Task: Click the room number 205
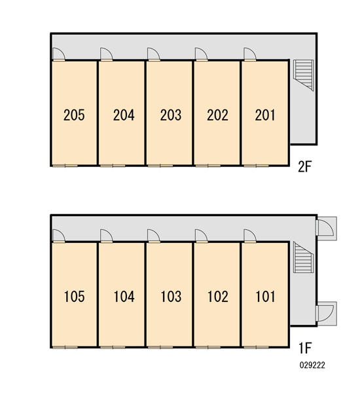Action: (74, 115)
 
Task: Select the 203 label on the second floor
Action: (171, 115)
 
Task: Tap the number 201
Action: (265, 115)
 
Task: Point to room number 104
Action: (124, 297)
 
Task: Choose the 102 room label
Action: (218, 297)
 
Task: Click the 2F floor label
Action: (305, 166)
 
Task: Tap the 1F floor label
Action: (305, 348)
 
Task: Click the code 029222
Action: (312, 365)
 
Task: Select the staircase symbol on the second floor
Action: (304, 75)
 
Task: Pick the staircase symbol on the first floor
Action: (304, 257)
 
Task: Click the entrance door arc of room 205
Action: (59, 54)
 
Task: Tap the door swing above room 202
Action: (202, 54)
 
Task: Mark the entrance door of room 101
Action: (250, 236)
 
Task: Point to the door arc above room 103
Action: (154, 236)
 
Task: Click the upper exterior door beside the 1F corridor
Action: (326, 228)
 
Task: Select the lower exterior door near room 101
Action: (326, 313)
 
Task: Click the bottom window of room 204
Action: (113, 166)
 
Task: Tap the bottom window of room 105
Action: (65, 347)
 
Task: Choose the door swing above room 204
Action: (107, 54)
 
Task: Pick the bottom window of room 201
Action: (257, 166)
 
